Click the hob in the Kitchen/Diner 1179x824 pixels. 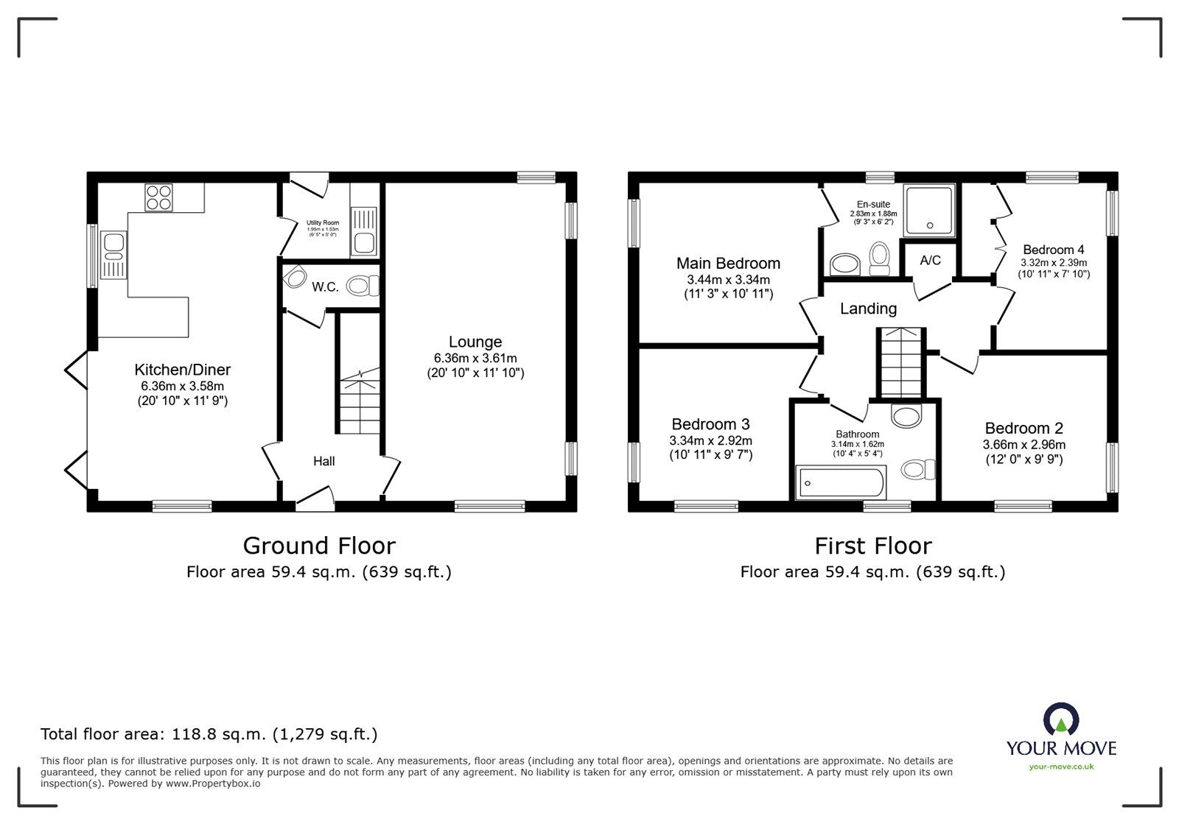(x=158, y=197)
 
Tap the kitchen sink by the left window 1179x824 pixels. (x=113, y=255)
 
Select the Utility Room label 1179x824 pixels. (x=323, y=222)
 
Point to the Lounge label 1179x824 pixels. (x=475, y=342)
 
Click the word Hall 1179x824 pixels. (x=323, y=461)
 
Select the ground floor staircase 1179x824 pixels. (x=360, y=405)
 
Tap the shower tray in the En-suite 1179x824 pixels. (x=929, y=211)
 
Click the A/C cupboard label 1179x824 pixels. (x=930, y=260)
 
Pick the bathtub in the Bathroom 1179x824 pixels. (x=841, y=482)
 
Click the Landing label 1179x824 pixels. (x=868, y=309)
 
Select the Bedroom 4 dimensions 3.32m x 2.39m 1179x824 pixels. (x=1053, y=262)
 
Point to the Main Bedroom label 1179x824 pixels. (x=728, y=263)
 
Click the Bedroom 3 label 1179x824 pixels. (x=710, y=424)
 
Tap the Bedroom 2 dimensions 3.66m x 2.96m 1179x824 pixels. (x=1024, y=445)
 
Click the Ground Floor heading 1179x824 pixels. (x=319, y=546)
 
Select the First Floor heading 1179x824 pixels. (x=872, y=546)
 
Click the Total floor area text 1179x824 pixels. (x=209, y=733)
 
